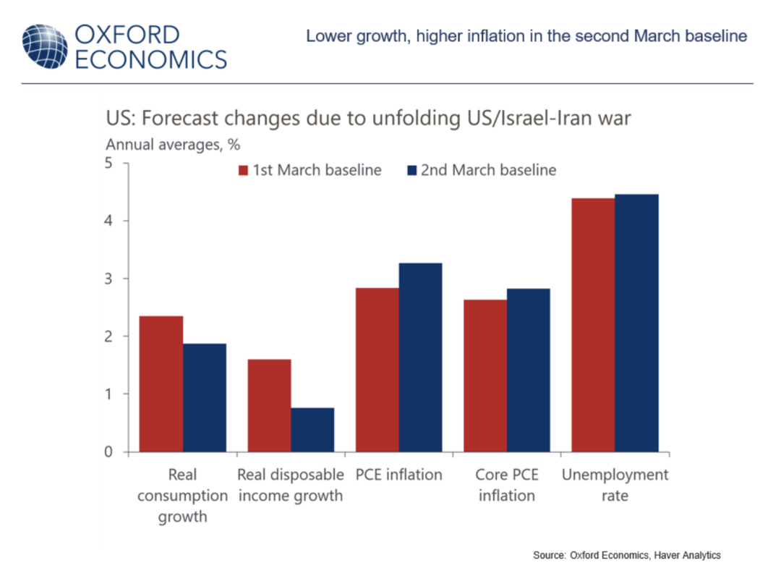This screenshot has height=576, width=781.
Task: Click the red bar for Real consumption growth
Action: (x=161, y=384)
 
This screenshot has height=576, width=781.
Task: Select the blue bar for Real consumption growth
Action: (x=205, y=397)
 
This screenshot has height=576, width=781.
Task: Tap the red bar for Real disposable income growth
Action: (x=270, y=405)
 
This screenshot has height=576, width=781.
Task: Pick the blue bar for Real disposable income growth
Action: (x=312, y=430)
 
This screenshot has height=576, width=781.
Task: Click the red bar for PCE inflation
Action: (x=377, y=370)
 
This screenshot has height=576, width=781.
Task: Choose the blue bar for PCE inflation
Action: (x=420, y=357)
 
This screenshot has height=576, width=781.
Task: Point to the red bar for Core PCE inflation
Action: (x=485, y=376)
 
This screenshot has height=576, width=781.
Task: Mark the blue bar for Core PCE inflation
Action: (x=528, y=370)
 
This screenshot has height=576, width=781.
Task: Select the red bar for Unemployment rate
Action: (x=593, y=325)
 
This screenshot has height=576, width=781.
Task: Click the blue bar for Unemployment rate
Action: (x=636, y=323)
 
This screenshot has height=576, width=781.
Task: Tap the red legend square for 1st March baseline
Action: (x=243, y=171)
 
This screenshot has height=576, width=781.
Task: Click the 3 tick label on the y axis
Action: (x=109, y=279)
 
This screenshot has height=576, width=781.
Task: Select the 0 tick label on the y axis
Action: (x=109, y=452)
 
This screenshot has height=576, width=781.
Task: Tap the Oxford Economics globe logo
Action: (x=45, y=46)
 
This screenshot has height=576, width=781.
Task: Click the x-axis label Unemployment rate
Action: (x=615, y=486)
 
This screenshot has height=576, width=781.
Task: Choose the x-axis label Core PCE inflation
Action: (x=506, y=486)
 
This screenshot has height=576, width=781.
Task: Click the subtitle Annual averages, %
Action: (x=173, y=144)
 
